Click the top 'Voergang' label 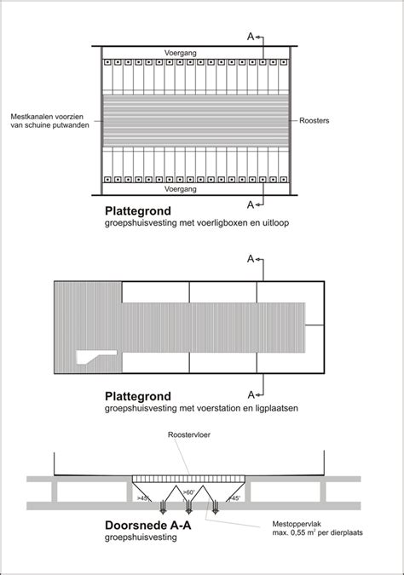pos(181,53)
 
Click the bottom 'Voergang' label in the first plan pos(181,189)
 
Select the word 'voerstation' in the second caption pos(208,409)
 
